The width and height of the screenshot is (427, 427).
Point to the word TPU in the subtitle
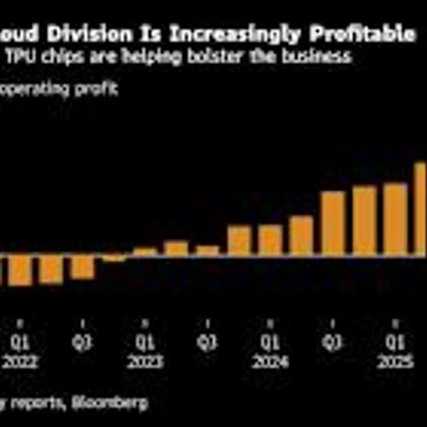[x=22, y=57]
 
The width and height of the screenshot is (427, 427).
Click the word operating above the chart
[x=38, y=88]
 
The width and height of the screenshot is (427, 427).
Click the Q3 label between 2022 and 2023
[x=83, y=343]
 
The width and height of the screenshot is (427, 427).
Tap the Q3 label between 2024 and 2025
[x=333, y=343]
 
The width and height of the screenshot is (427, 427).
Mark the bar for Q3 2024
[x=333, y=224]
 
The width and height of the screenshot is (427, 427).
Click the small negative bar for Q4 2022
[x=114, y=258]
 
